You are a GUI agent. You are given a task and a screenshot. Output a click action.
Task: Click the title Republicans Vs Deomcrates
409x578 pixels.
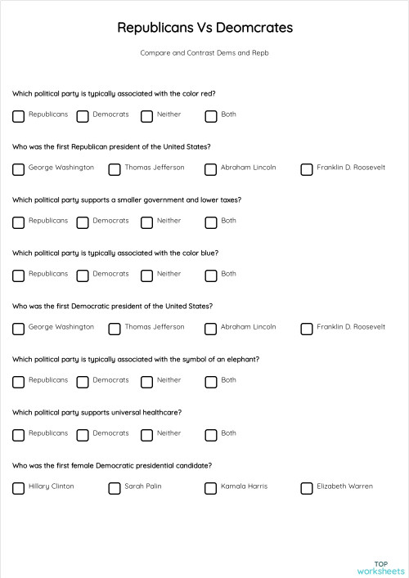[204, 29]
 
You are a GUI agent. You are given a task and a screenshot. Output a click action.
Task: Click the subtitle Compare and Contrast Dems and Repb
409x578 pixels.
[204, 52]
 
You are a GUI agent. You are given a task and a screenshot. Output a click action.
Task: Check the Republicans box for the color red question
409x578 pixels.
[19, 115]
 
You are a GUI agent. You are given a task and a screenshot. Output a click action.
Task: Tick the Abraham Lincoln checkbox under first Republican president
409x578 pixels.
[211, 169]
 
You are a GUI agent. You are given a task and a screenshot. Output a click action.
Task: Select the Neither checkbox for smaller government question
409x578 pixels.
[147, 222]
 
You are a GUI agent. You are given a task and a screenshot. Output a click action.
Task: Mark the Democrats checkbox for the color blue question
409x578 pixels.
[83, 276]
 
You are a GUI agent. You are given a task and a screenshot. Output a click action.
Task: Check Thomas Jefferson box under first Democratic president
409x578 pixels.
[115, 329]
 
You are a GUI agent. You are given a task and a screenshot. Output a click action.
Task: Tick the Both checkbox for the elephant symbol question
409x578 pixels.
[211, 382]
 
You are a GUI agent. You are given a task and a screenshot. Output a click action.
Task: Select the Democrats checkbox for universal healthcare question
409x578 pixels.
[83, 435]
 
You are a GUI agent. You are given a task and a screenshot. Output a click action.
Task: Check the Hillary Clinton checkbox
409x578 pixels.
[19, 488]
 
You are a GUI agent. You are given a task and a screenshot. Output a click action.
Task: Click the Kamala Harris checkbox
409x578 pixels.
[211, 488]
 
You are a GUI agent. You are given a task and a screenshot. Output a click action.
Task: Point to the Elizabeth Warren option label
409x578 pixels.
[344, 486]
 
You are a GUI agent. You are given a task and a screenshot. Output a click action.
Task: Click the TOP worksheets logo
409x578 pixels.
[380, 567]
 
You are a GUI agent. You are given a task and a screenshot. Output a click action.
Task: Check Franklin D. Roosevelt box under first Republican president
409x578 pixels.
[307, 169]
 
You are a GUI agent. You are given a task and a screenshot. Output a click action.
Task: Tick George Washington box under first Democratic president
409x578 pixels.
[19, 329]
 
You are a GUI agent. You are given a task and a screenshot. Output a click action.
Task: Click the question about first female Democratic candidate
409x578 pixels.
[113, 465]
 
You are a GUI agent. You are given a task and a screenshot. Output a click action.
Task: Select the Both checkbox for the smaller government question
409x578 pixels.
[211, 222]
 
